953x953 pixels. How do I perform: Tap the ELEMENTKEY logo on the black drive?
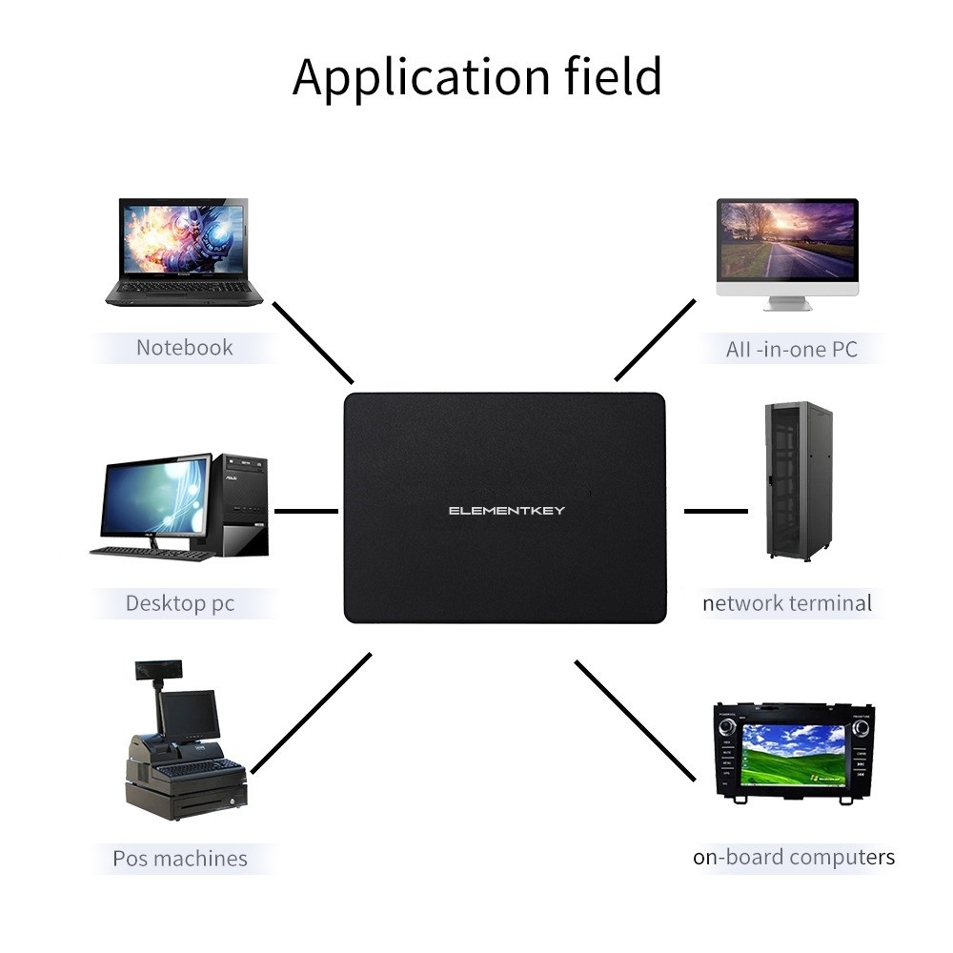pyautogui.click(x=507, y=511)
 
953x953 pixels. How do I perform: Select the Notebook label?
pyautogui.click(x=184, y=348)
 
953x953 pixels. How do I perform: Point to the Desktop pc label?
pyautogui.click(x=180, y=603)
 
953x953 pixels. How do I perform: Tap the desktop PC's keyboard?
pyautogui.click(x=152, y=553)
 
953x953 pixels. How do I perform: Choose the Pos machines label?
pyautogui.click(x=180, y=859)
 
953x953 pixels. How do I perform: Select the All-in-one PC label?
pyautogui.click(x=791, y=349)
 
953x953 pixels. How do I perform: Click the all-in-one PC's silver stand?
pyautogui.click(x=788, y=303)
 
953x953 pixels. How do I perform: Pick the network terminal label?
pyautogui.click(x=787, y=603)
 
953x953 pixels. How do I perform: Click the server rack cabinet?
pyautogui.click(x=799, y=480)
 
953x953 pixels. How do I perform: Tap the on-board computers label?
pyautogui.click(x=794, y=857)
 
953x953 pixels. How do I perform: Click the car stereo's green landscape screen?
pyautogui.click(x=794, y=753)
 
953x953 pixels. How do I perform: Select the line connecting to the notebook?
pyautogui.click(x=314, y=343)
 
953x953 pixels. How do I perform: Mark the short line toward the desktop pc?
pyautogui.click(x=306, y=511)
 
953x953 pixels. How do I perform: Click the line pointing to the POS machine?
pyautogui.click(x=311, y=712)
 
